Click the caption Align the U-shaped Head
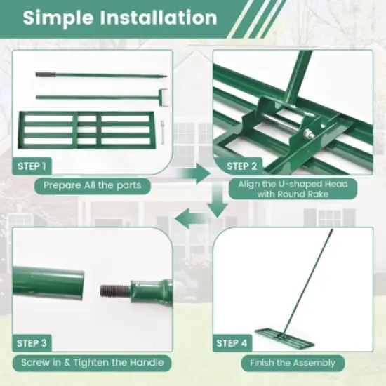tap(293, 184)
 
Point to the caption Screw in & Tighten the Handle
tap(93, 363)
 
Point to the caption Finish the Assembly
tap(293, 363)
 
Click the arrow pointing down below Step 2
tap(219, 206)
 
